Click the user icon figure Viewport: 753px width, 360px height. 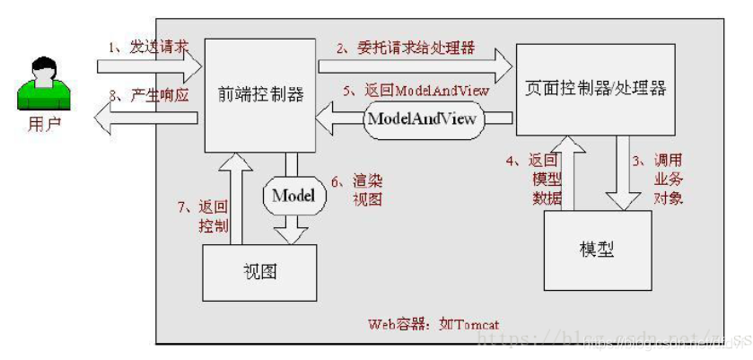pyautogui.click(x=40, y=82)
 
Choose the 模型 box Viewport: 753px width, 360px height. pyautogui.click(x=598, y=249)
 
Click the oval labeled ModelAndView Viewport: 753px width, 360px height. pyautogui.click(x=421, y=119)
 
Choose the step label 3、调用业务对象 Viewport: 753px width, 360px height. pyautogui.click(x=660, y=179)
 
